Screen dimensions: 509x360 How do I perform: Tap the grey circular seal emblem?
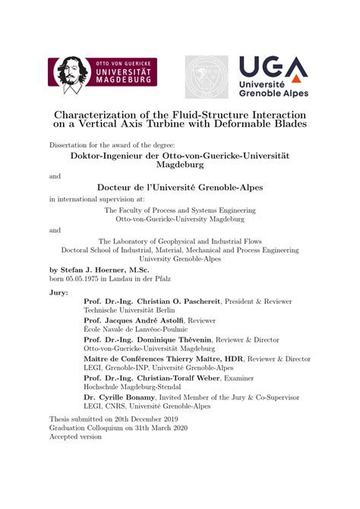(207, 76)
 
